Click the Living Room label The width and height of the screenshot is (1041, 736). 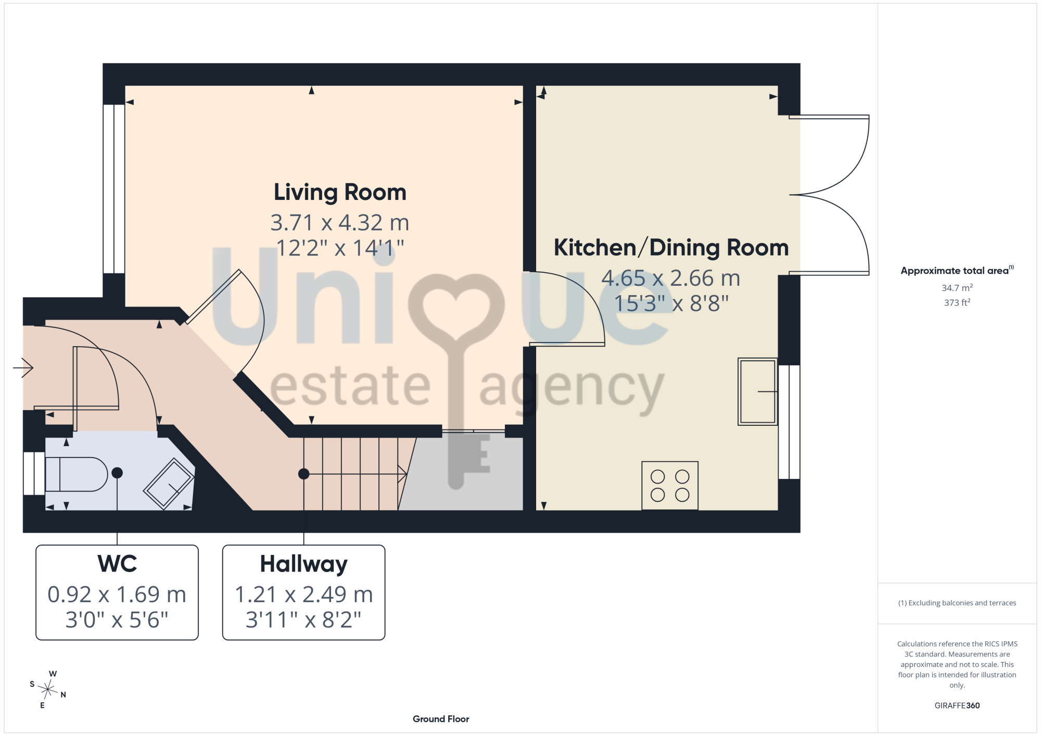click(340, 192)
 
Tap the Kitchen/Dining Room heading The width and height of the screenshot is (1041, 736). click(671, 248)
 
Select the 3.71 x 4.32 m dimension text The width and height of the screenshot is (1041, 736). click(340, 223)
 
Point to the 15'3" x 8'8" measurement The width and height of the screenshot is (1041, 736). click(671, 303)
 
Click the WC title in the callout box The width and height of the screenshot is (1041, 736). click(117, 564)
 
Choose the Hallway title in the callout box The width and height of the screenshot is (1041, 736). click(303, 565)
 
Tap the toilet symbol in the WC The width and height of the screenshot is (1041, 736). click(77, 474)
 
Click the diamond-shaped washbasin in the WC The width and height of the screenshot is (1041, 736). click(169, 484)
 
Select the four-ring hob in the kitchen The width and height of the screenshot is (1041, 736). click(670, 486)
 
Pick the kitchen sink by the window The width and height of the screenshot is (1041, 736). click(757, 391)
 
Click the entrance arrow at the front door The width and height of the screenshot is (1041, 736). click(23, 368)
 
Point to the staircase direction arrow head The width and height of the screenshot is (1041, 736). click(402, 474)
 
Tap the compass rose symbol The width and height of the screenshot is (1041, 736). click(47, 690)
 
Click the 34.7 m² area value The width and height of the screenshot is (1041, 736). click(957, 288)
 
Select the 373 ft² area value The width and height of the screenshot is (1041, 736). click(957, 302)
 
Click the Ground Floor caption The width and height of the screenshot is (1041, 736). click(441, 719)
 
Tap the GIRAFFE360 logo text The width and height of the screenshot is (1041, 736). click(957, 706)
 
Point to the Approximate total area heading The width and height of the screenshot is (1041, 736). click(957, 271)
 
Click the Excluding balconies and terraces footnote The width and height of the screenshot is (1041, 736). click(957, 603)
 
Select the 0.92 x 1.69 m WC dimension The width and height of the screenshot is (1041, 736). click(117, 594)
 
